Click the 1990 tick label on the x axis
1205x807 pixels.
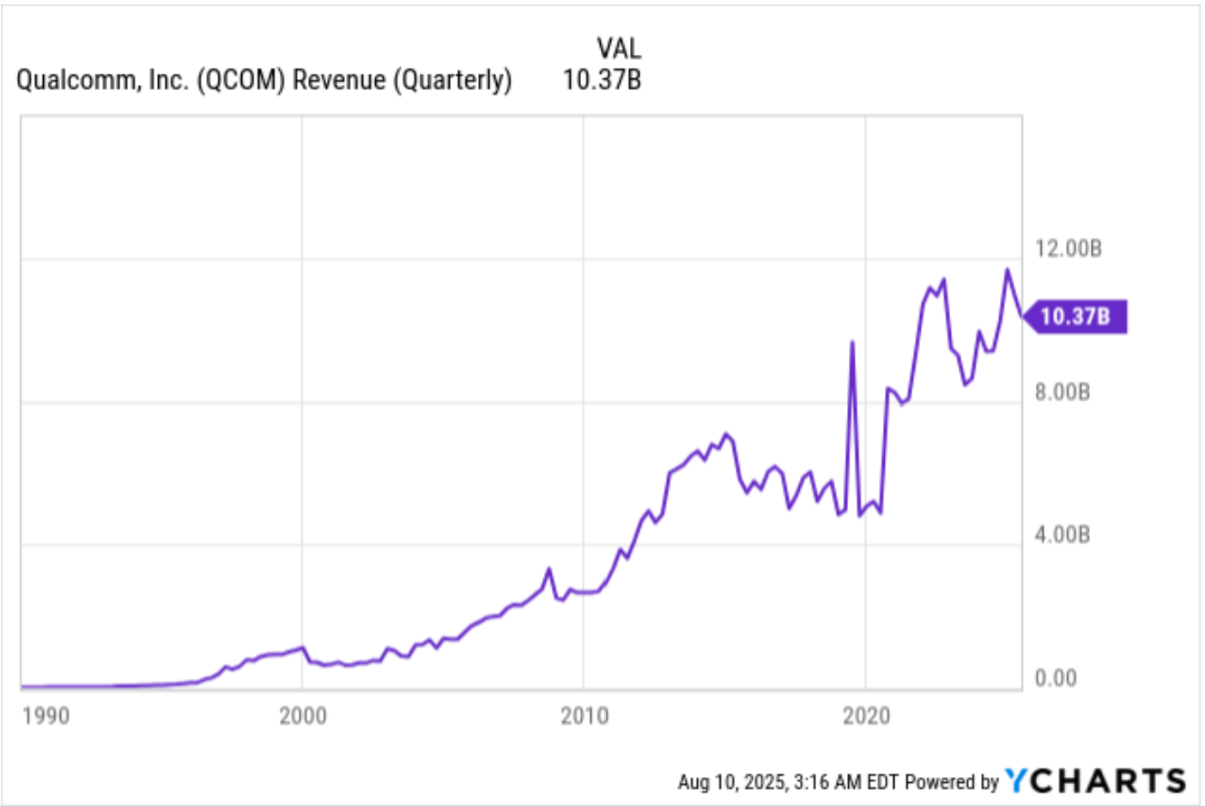(45, 715)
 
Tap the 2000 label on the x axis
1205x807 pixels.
(302, 715)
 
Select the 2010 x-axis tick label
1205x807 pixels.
(584, 715)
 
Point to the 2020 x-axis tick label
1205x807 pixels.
(865, 715)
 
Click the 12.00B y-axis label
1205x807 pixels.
(1068, 249)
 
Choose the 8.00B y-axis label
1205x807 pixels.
(1062, 392)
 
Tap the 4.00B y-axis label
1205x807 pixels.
(1062, 535)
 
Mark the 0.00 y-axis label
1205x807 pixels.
(1055, 678)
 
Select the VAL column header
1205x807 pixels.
(618, 48)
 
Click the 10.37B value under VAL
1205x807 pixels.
(602, 80)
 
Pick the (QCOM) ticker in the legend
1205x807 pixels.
(240, 80)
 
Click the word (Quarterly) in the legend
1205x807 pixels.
(452, 80)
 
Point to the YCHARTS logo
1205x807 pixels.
(1096, 780)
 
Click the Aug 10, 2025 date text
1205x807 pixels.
(732, 782)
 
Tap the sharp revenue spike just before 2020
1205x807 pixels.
(851, 343)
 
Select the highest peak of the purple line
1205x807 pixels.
(1008, 270)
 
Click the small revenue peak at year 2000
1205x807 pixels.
(301, 647)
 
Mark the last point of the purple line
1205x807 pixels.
(1021, 316)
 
